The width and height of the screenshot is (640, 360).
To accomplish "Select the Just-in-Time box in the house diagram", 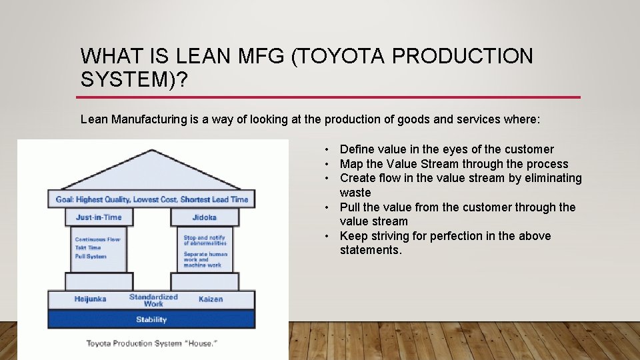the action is coord(99,217).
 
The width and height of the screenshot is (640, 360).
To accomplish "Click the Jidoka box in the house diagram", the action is coord(203,217).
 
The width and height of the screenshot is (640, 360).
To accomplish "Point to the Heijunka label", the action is coord(90,299).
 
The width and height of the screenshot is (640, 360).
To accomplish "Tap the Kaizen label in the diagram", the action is coord(211,299).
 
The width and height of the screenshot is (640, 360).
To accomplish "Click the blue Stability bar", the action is coord(151,319).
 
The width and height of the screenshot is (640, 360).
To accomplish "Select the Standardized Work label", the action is coord(153,300).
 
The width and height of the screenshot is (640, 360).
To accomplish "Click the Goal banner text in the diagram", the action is coord(151,199).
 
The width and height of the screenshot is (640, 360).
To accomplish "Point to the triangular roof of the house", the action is coord(151,172).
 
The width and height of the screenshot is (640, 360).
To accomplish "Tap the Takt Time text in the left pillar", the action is coord(88,247).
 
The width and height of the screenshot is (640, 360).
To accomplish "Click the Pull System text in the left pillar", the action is coord(91,256).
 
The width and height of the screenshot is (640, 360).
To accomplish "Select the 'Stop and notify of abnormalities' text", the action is coord(205,240).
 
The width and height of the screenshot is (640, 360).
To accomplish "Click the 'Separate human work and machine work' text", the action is coord(205,259).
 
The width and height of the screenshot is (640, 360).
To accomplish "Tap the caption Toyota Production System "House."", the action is coord(151,343).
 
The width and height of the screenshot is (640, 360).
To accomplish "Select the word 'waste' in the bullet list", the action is coord(355,193).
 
